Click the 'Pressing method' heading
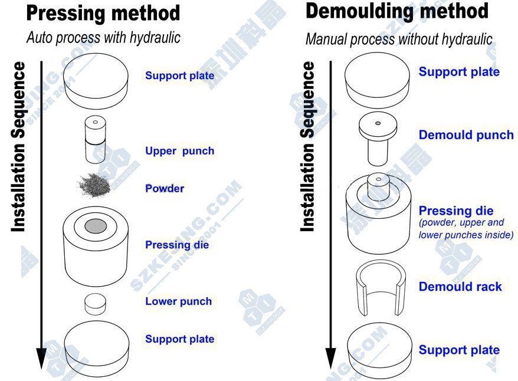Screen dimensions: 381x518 pyautogui.click(x=103, y=13)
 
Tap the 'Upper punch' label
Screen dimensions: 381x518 pyautogui.click(x=179, y=151)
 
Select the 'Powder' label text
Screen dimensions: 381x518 pyautogui.click(x=165, y=189)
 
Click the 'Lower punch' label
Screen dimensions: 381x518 pyautogui.click(x=178, y=301)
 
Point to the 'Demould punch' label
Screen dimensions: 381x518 pyautogui.click(x=466, y=135)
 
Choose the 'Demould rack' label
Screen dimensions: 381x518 pyautogui.click(x=460, y=287)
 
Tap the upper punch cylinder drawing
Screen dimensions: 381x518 pyautogui.click(x=95, y=140)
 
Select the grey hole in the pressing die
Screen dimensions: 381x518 pyautogui.click(x=96, y=226)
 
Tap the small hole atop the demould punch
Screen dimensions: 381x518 pyautogui.click(x=378, y=123)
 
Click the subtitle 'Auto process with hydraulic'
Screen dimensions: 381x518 pyautogui.click(x=104, y=38)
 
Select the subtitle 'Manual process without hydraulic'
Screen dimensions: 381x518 pyautogui.click(x=399, y=40)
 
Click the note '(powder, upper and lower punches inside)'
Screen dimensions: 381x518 pyautogui.click(x=465, y=229)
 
